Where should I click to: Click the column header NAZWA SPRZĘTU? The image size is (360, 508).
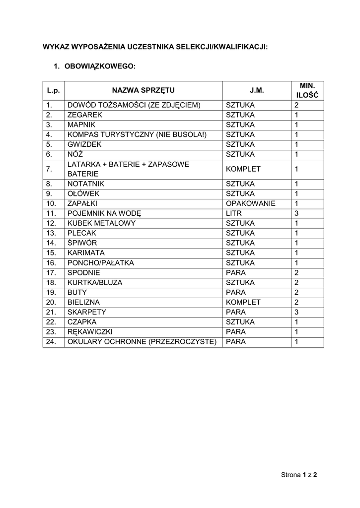click(143, 90)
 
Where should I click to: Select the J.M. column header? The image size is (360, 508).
click(257, 90)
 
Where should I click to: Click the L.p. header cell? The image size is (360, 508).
click(53, 90)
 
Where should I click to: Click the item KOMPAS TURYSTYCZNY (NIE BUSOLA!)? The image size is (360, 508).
click(137, 134)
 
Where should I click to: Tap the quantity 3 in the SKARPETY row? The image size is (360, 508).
click(296, 312)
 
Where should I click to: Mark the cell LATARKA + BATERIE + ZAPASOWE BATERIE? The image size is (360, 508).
click(128, 169)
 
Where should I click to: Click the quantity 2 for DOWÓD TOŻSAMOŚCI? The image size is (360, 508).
click(296, 105)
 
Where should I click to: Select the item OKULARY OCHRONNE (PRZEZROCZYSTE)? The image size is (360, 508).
click(142, 342)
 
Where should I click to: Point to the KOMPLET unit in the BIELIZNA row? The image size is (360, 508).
click(243, 302)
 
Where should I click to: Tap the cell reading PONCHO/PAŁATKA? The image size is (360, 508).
click(101, 262)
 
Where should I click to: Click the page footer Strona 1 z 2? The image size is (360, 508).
click(299, 475)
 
